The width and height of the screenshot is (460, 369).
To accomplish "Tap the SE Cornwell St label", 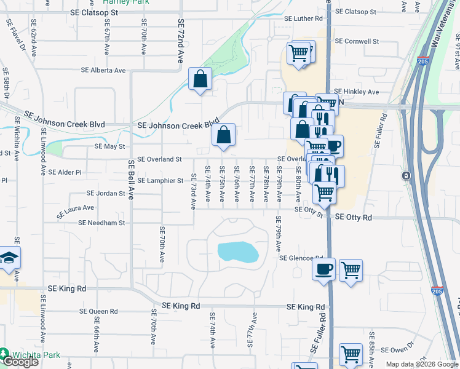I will tap(357, 41).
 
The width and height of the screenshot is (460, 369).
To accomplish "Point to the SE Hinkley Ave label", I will tap(357, 92).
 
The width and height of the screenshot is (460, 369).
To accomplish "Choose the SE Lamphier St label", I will tap(160, 180).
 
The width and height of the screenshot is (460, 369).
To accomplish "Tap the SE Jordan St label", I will tap(106, 193).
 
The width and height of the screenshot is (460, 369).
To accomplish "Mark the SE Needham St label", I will tap(106, 223).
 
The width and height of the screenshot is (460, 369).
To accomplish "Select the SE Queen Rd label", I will tap(98, 312).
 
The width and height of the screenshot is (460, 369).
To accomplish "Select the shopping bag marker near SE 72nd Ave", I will tap(200, 79).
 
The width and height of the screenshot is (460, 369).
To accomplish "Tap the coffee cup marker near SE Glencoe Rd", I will tap(324, 269).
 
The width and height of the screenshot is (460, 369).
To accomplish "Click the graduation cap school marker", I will tap(9, 259).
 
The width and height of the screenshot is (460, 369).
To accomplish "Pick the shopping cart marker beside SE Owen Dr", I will tap(351, 354).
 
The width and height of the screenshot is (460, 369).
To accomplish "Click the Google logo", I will tap(20, 362).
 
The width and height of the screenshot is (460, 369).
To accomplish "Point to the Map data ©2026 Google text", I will tap(421, 364).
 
